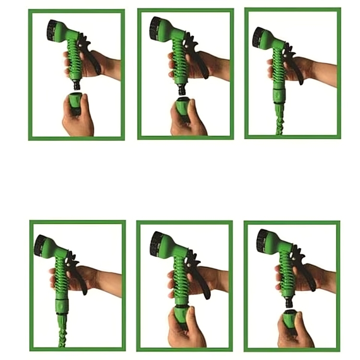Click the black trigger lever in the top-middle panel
201,60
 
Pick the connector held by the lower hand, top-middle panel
182,107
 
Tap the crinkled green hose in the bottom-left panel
62,331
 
